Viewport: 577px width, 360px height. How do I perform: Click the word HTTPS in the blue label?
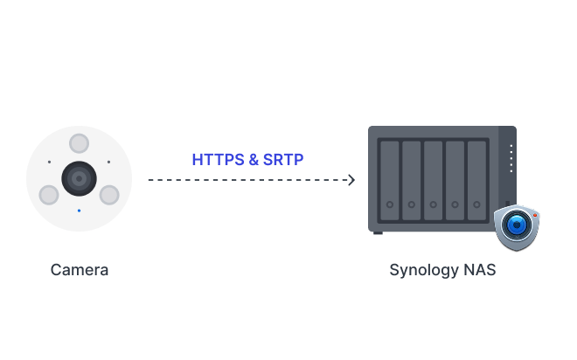[219, 160]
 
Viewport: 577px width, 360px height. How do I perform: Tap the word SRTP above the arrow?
[283, 160]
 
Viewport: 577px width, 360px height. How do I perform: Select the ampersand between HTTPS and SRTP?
[254, 160]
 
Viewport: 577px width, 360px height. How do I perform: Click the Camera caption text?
[80, 270]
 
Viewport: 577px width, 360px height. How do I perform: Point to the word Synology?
[424, 271]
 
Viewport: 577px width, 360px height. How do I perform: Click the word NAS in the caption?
[480, 270]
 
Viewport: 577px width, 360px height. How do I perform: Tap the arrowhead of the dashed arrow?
[351, 180]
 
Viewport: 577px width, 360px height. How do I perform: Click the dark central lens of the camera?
[79, 179]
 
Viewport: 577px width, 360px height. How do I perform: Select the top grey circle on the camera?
[79, 143]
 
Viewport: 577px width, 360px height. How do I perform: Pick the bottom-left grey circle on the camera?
[49, 195]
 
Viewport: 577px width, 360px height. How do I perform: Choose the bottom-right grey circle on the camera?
[109, 195]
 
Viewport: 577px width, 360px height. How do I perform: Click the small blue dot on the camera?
[79, 211]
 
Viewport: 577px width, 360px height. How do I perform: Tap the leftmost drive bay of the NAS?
[390, 181]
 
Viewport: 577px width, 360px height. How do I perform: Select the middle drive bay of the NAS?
[433, 181]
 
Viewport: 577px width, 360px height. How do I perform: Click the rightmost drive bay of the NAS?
[477, 181]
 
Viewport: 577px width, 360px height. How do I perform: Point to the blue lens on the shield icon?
[517, 225]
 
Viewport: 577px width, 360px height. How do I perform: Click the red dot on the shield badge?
[535, 215]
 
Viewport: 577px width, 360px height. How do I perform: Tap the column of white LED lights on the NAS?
[511, 158]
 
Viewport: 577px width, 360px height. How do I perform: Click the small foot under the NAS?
[378, 232]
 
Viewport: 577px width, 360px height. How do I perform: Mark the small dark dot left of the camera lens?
[49, 162]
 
